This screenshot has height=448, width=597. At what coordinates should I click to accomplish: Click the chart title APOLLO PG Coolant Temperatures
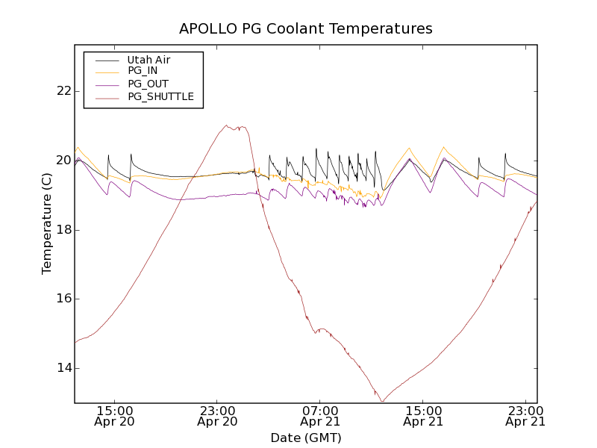pyautogui.click(x=305, y=29)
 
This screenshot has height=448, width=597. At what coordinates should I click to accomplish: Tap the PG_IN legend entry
pyautogui.click(x=143, y=71)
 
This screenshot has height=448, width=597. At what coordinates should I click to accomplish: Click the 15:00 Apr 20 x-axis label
pyautogui.click(x=115, y=416)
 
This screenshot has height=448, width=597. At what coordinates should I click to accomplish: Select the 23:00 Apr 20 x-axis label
pyautogui.click(x=218, y=416)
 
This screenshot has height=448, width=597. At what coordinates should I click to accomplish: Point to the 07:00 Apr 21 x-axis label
pyautogui.click(x=321, y=416)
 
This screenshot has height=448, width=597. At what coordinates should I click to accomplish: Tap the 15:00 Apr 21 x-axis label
pyautogui.click(x=424, y=416)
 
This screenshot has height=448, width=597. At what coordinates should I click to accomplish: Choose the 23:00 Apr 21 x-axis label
pyautogui.click(x=525, y=416)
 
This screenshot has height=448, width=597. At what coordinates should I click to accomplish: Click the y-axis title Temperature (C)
pyautogui.click(x=47, y=224)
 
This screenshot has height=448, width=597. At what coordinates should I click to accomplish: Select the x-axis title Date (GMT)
pyautogui.click(x=305, y=438)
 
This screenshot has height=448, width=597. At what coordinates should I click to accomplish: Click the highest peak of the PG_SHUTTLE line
pyautogui.click(x=226, y=125)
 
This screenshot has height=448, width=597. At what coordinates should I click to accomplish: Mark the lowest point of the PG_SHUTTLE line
pyautogui.click(x=382, y=402)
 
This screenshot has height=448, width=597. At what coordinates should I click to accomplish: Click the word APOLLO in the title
pyautogui.click(x=204, y=29)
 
